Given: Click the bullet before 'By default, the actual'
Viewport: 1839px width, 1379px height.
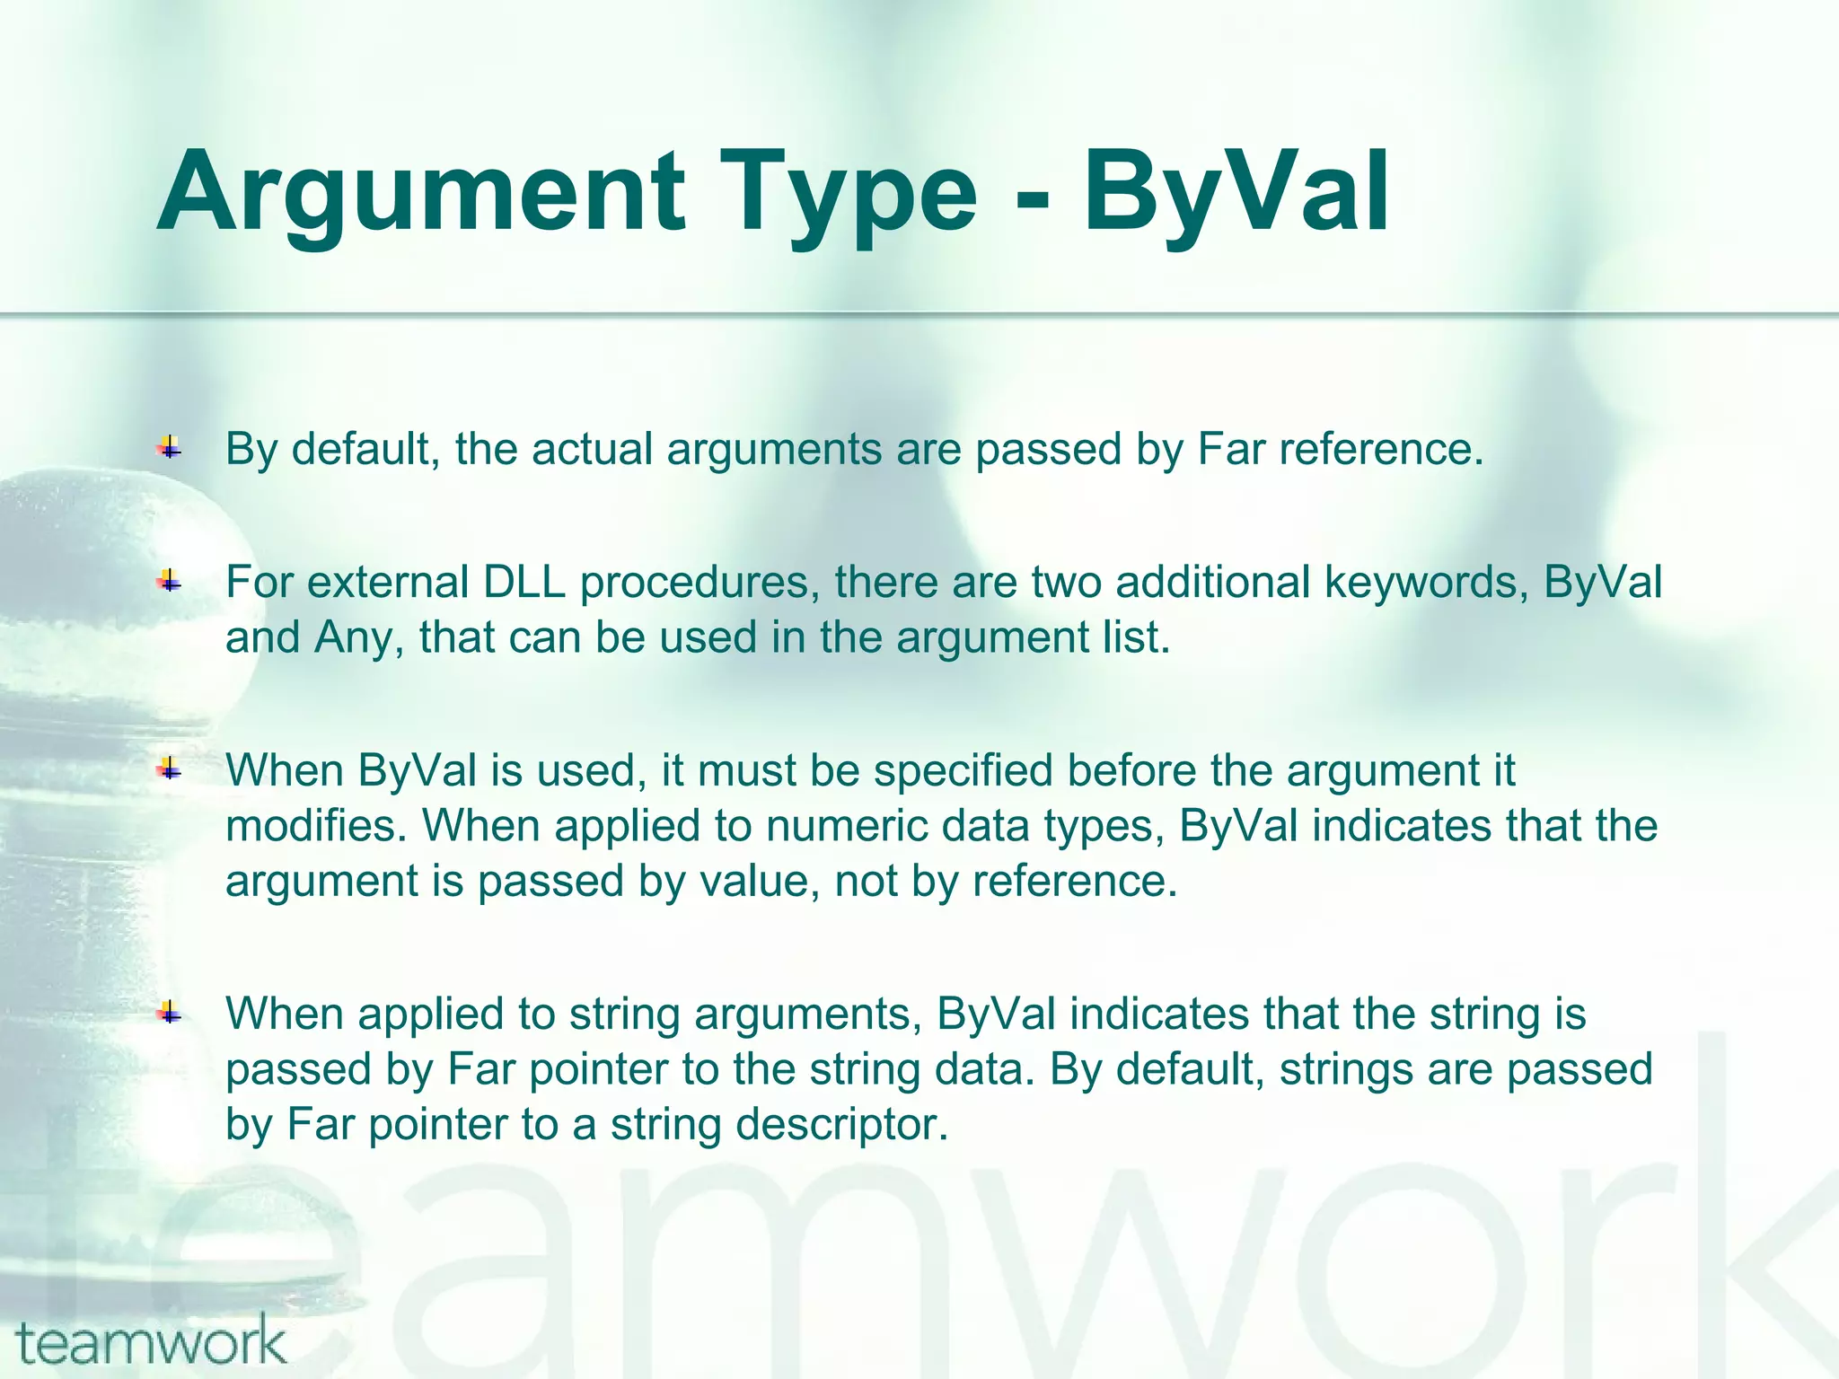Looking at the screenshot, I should click(x=169, y=447).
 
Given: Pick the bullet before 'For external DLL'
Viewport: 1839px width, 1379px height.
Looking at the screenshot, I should click(x=169, y=582).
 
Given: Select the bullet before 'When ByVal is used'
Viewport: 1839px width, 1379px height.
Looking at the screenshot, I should click(x=169, y=769).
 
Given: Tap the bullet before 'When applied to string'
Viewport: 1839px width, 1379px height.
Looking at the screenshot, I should click(x=169, y=1014).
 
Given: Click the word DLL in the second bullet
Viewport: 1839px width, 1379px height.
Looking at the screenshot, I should click(x=524, y=582).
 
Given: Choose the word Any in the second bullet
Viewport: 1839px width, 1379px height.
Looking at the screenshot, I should click(x=353, y=637).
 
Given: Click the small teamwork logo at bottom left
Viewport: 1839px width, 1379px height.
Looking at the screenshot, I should click(x=151, y=1342).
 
